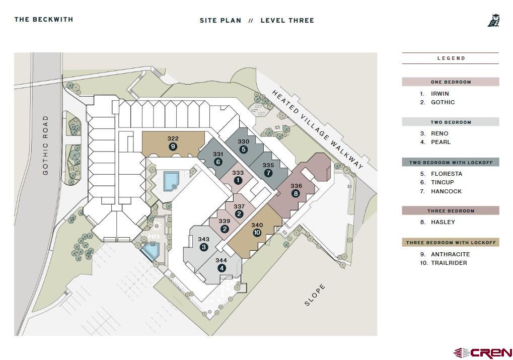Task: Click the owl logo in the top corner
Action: pyautogui.click(x=494, y=20)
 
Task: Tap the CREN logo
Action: pyautogui.click(x=483, y=353)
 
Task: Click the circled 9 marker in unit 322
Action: pyautogui.click(x=173, y=147)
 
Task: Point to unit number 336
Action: pyautogui.click(x=297, y=186)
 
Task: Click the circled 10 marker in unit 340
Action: pyautogui.click(x=257, y=233)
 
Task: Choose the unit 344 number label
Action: pyautogui.click(x=221, y=260)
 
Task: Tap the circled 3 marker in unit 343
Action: pyautogui.click(x=203, y=247)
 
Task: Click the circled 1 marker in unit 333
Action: pyautogui.click(x=238, y=180)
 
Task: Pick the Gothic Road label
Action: pyautogui.click(x=45, y=145)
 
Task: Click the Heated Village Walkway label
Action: pyautogui.click(x=318, y=129)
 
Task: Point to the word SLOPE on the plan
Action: pyautogui.click(x=315, y=295)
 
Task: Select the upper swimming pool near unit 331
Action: pyautogui.click(x=171, y=181)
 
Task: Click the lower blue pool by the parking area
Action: pyautogui.click(x=151, y=251)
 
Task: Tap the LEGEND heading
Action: pyautogui.click(x=451, y=58)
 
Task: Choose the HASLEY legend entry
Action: pyautogui.click(x=443, y=222)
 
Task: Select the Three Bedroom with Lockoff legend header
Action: pyautogui.click(x=451, y=243)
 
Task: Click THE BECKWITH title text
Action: pyautogui.click(x=43, y=19)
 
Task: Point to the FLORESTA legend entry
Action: pyautogui.click(x=447, y=174)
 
